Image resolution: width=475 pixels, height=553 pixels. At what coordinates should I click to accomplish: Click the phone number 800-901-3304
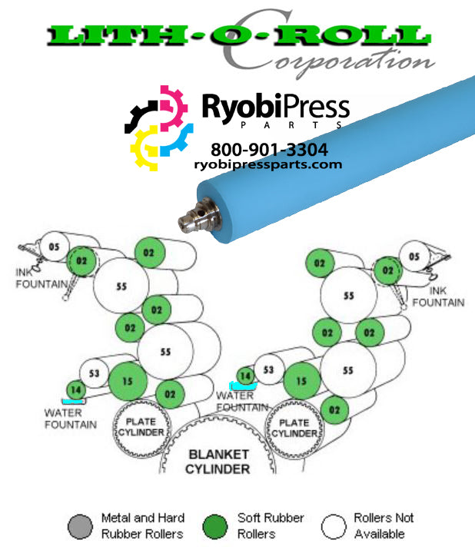(x=269, y=149)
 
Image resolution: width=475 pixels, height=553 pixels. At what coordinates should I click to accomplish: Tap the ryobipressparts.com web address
(x=268, y=164)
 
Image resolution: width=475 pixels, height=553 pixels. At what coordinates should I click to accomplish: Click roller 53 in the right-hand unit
(x=268, y=370)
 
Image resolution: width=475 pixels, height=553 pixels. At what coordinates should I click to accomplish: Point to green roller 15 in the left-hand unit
(x=128, y=380)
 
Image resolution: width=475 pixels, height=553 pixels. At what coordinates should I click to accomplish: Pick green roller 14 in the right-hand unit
(x=245, y=376)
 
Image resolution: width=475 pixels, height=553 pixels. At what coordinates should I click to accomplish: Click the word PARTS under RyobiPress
(x=274, y=125)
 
